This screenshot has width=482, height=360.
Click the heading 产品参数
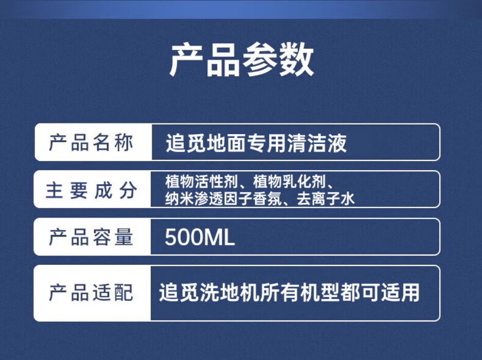pos(242,59)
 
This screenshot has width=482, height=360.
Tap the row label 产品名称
pos(91,142)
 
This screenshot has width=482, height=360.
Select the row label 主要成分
pos(91,190)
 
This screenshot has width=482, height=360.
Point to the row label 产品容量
pos(91,237)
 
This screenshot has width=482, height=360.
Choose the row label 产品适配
pos(91,292)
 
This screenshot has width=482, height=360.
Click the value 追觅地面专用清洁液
pos(256,143)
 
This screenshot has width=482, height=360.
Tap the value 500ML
pos(200,237)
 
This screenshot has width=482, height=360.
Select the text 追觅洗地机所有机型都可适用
pos(289,292)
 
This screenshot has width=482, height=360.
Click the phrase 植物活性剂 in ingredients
pos(201,182)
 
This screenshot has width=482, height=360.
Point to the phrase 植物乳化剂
pos(289,182)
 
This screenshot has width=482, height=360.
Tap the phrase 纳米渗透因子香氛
pos(223,199)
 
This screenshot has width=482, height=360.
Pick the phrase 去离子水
pos(326,199)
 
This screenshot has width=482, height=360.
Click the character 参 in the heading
pos(260,59)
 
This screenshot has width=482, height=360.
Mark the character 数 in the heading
pos(296,59)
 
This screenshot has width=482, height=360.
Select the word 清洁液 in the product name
pos(317,143)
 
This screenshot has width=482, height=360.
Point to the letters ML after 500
pos(220,237)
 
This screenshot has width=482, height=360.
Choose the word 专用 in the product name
pos(267,143)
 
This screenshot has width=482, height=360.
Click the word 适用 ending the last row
pos(400,292)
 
